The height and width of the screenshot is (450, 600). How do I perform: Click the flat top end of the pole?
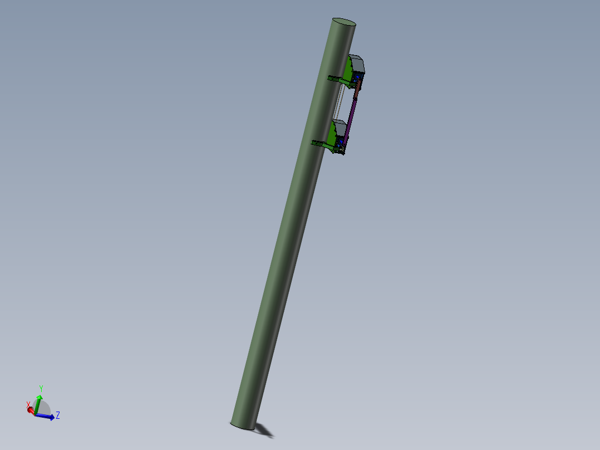tap(343, 22)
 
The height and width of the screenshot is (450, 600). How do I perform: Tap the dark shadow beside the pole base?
tap(265, 429)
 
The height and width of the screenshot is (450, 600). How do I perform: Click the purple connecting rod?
tap(351, 117)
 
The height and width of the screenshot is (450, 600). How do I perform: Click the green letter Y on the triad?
tap(41, 389)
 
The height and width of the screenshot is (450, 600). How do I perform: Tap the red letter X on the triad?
tap(28, 405)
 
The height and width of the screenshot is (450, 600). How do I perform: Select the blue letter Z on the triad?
tap(58, 415)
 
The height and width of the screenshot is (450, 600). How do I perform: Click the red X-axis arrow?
tap(31, 410)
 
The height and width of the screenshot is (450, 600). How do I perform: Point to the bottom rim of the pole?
tap(243, 427)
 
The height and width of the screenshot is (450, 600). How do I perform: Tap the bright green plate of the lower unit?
tap(332, 135)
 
